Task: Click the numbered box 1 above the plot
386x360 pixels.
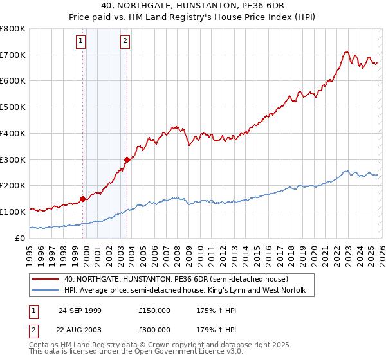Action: coord(81,42)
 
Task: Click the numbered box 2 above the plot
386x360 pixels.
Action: coord(125,42)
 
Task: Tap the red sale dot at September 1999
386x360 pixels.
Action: coord(83,199)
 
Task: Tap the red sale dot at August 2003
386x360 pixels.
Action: coord(127,159)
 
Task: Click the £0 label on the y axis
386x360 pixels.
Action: coord(20,238)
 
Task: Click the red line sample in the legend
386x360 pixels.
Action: coord(45,280)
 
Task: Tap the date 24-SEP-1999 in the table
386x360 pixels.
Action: coord(80,310)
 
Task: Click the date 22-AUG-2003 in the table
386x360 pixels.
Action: coord(80,331)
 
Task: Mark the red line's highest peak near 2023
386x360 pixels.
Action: coord(346,51)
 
